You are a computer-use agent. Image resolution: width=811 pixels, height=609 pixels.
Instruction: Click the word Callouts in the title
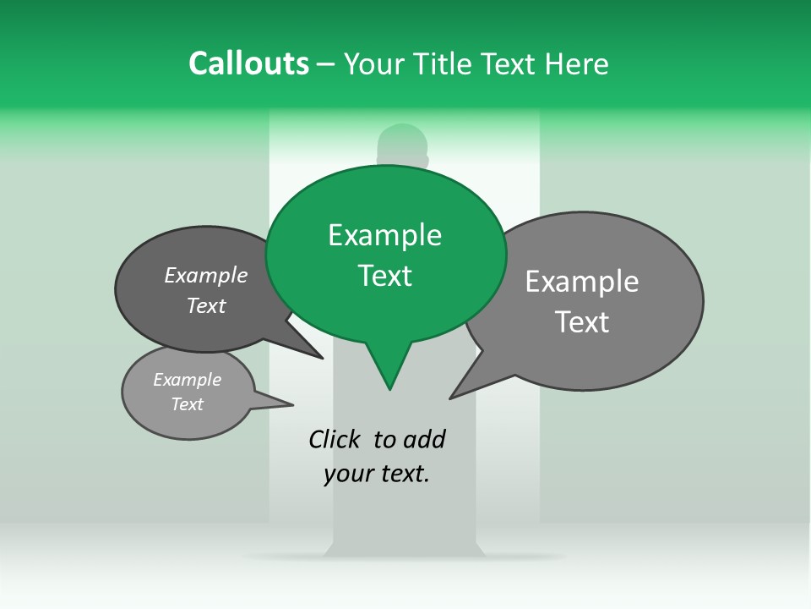tap(249, 63)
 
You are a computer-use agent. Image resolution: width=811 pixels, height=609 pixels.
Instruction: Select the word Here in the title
tap(575, 63)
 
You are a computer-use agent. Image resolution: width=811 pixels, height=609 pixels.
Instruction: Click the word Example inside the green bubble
tap(384, 235)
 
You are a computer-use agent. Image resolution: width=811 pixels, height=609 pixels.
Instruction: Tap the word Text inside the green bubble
tap(385, 276)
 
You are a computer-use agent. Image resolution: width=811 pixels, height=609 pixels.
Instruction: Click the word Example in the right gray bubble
tap(582, 282)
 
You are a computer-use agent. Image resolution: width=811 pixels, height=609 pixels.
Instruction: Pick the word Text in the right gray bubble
tap(582, 322)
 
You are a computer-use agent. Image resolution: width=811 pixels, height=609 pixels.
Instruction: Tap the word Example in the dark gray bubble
tap(206, 275)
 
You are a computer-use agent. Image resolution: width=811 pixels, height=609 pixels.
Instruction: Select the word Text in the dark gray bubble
tap(206, 305)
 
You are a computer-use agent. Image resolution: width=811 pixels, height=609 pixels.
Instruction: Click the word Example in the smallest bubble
tap(187, 380)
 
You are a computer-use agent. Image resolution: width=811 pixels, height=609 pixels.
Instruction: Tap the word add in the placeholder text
tap(425, 439)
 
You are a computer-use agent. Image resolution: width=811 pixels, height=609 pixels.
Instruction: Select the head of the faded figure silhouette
tap(403, 144)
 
